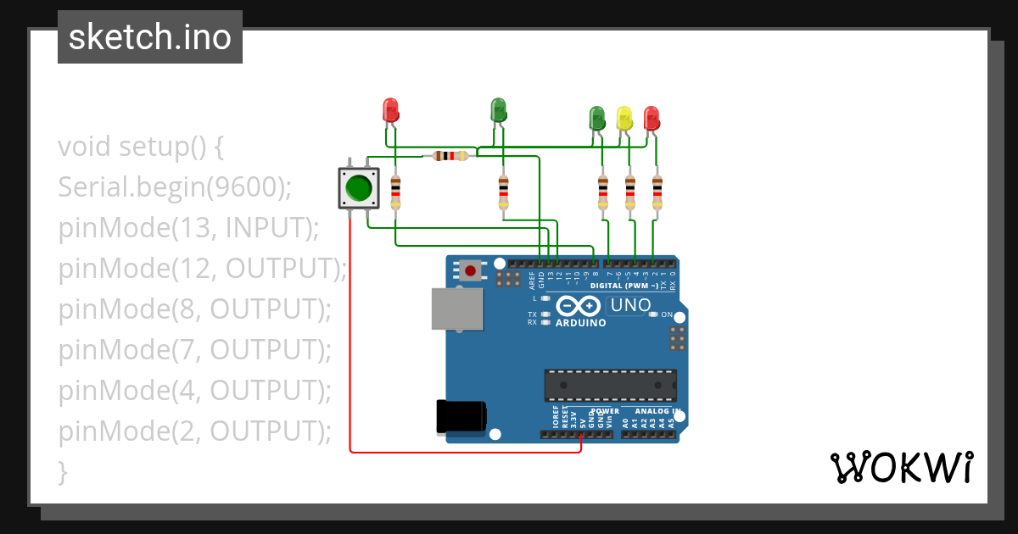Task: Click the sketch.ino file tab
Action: [150, 37]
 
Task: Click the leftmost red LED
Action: [390, 109]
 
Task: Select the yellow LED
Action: [624, 118]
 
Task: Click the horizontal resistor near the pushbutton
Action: [450, 155]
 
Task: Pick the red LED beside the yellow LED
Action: [652, 117]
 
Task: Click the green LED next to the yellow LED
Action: [597, 118]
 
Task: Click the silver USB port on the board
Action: [456, 309]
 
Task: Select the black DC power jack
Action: [460, 416]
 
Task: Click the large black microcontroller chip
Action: [610, 386]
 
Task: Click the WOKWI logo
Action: [901, 467]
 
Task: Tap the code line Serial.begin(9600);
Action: [175, 187]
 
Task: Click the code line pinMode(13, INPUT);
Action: [188, 228]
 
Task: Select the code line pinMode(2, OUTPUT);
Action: [195, 431]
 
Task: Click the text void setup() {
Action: [141, 147]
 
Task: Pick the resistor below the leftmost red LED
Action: [395, 193]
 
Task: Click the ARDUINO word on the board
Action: [580, 323]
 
